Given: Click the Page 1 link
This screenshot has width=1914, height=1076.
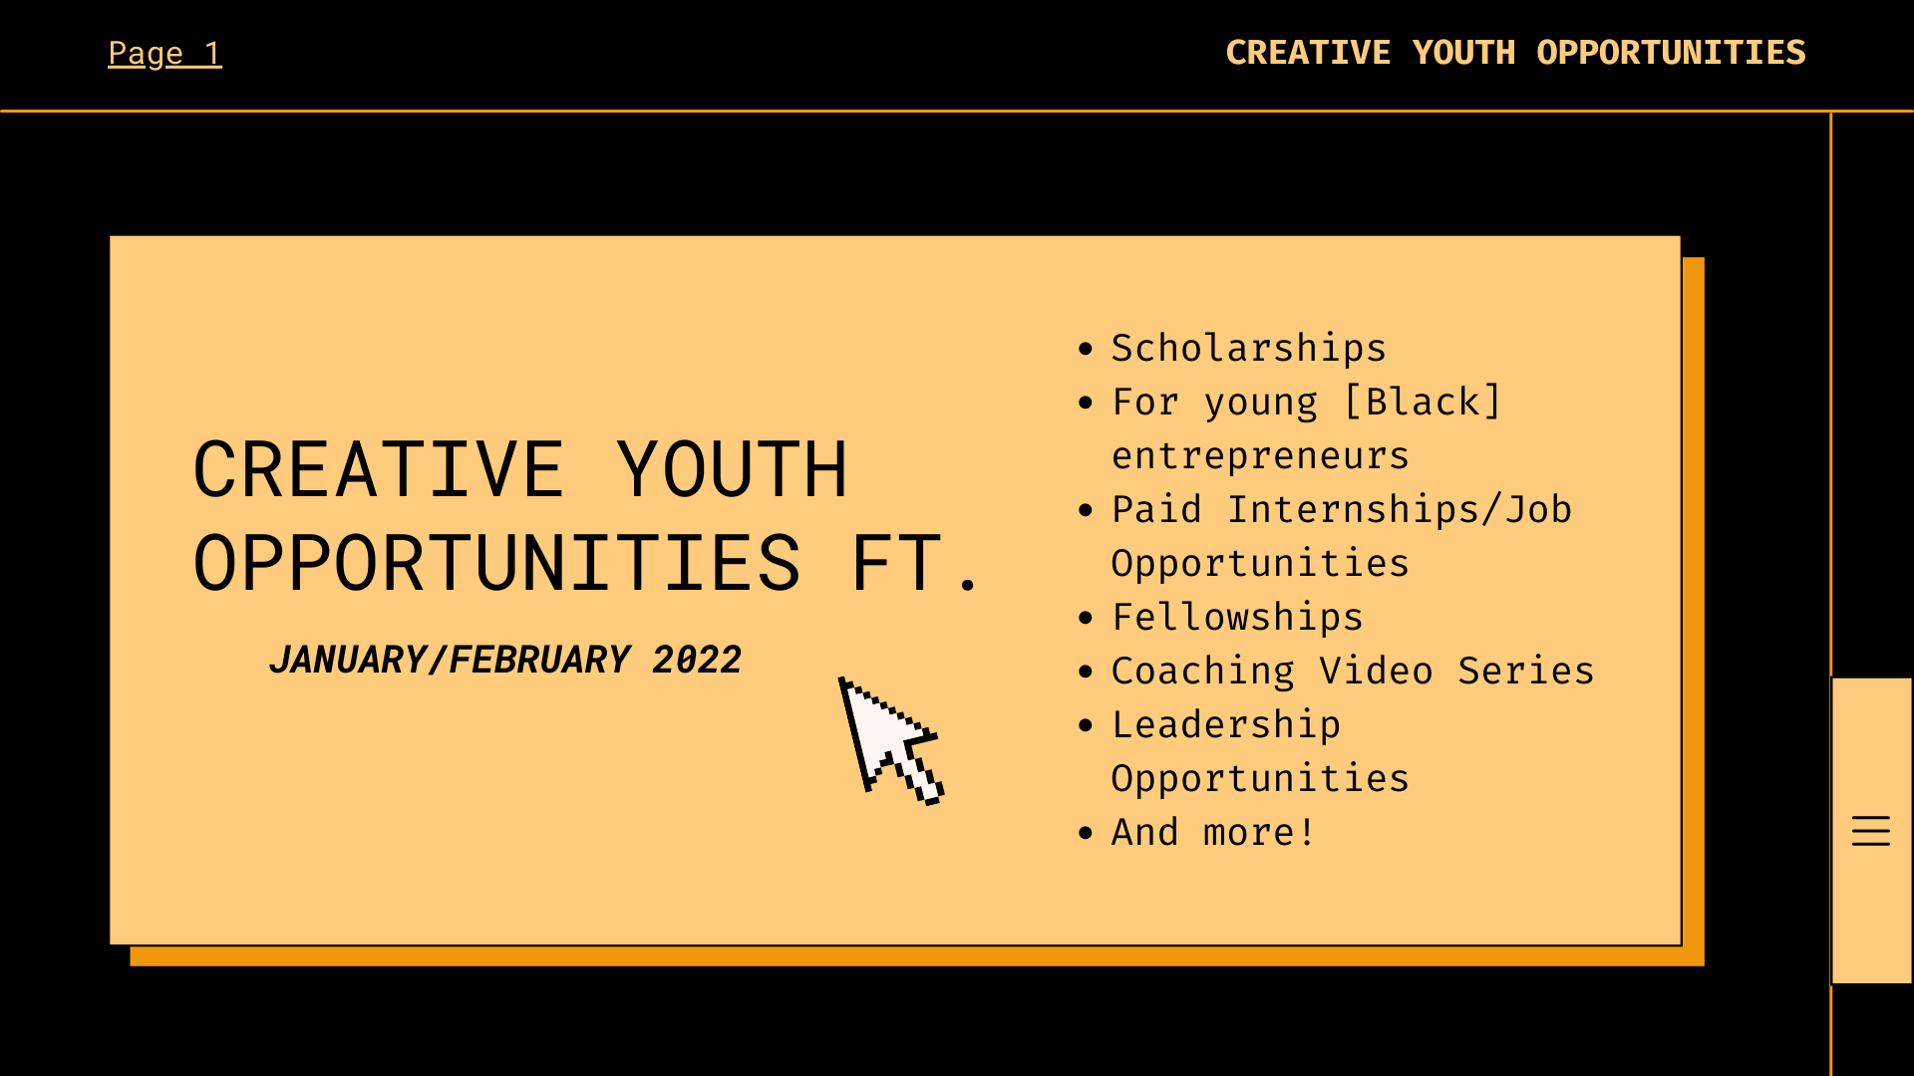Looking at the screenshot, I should pyautogui.click(x=164, y=53).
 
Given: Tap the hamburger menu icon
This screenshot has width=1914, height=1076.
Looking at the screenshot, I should pyautogui.click(x=1870, y=831).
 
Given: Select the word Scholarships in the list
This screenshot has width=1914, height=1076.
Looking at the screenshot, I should pyautogui.click(x=1248, y=348).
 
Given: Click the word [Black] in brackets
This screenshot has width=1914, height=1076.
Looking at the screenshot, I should pyautogui.click(x=1423, y=402).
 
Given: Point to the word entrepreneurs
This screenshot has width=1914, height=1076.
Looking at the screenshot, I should pyautogui.click(x=1260, y=455).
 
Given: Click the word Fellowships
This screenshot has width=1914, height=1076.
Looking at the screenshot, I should pyautogui.click(x=1237, y=617).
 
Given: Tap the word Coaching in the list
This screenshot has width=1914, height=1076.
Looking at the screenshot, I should pyautogui.click(x=1202, y=671).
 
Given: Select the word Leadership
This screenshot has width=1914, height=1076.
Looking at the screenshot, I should pyautogui.click(x=1226, y=724).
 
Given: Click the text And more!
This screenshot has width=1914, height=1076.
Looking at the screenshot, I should pyautogui.click(x=1213, y=832).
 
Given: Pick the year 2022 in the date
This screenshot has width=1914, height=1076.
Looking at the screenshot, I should pyautogui.click(x=697, y=660).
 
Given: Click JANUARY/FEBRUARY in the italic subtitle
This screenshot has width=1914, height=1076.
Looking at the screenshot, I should pyautogui.click(x=450, y=660).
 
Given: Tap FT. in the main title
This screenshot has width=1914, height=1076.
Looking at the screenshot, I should pyautogui.click(x=914, y=564).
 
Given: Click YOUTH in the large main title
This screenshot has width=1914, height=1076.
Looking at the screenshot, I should pyautogui.click(x=731, y=469).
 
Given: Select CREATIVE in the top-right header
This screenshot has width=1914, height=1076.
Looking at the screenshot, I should pyautogui.click(x=1307, y=53).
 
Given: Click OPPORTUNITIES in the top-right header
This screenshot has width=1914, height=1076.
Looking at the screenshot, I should pyautogui.click(x=1671, y=53).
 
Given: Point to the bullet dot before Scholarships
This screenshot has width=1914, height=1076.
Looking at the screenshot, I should pyautogui.click(x=1086, y=349).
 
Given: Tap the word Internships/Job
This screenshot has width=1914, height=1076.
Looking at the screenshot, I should pyautogui.click(x=1399, y=509).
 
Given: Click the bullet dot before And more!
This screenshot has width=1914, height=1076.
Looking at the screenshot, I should pyautogui.click(x=1086, y=833).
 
